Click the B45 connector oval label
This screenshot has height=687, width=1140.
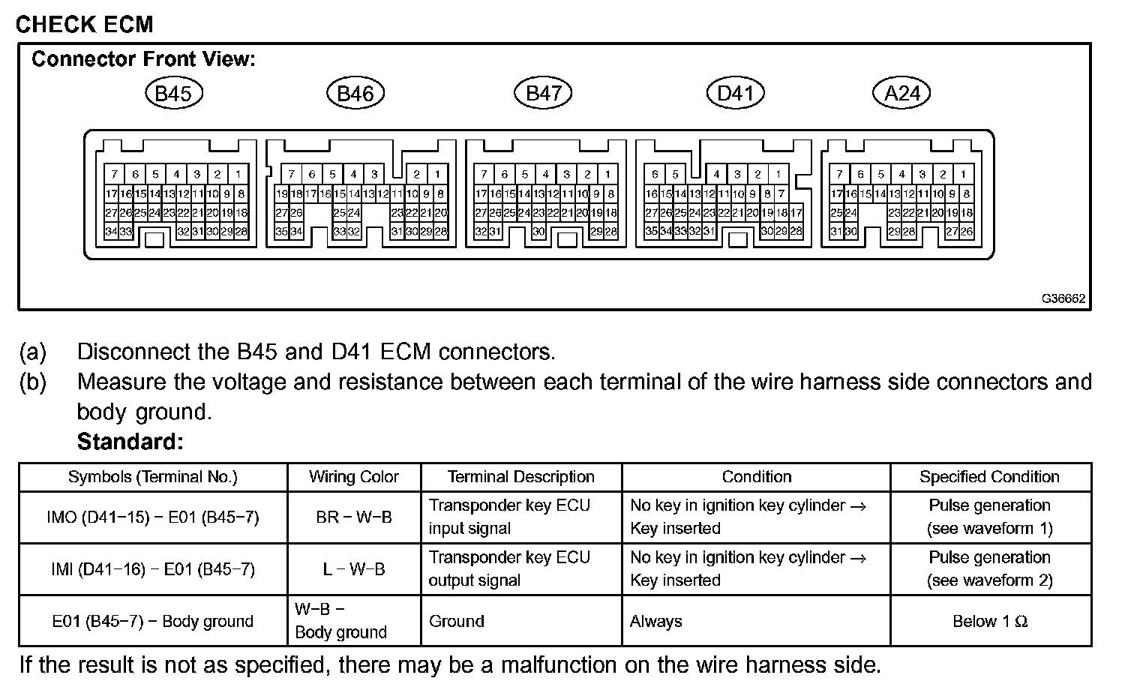[173, 93]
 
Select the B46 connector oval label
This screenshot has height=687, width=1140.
[355, 93]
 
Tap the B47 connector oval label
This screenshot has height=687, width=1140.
[543, 93]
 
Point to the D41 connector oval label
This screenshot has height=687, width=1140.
[735, 93]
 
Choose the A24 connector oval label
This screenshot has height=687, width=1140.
[902, 93]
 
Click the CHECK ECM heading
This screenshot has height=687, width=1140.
[84, 24]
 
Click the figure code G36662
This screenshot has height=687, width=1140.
[1063, 298]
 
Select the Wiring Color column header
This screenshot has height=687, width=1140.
[354, 477]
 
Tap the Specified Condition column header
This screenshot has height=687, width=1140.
[989, 477]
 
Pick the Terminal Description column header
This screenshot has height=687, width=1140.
[521, 477]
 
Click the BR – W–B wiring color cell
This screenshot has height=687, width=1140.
[354, 517]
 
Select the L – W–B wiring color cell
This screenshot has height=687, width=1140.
[354, 569]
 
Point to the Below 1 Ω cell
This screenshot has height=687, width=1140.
[989, 621]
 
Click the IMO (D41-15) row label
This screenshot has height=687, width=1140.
[153, 517]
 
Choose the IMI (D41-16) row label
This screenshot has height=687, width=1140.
[153, 569]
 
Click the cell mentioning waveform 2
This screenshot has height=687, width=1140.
[989, 569]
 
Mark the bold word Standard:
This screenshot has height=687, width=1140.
[130, 442]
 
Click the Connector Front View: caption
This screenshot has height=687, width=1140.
[143, 59]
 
